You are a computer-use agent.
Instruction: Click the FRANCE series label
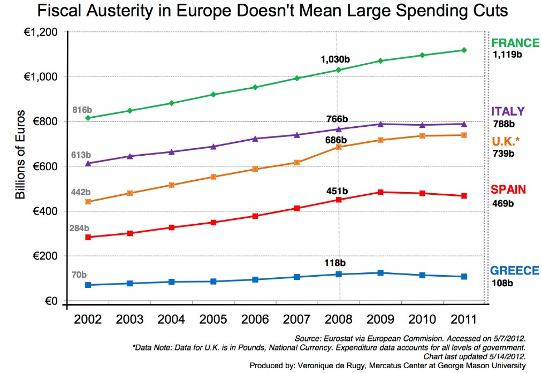(515, 43)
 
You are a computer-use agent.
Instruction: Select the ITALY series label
(508, 111)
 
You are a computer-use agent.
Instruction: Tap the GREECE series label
(515, 271)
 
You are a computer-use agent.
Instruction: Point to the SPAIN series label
(508, 189)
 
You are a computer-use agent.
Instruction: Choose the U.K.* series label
(506, 141)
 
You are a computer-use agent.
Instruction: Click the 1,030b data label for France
(335, 59)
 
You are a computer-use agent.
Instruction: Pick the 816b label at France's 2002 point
(82, 110)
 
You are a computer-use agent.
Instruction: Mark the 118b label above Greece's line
(335, 263)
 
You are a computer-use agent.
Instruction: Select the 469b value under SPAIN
(503, 203)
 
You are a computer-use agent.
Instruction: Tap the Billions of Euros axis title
(20, 155)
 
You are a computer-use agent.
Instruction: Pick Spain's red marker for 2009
(380, 192)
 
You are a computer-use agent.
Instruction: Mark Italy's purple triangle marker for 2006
(255, 139)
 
